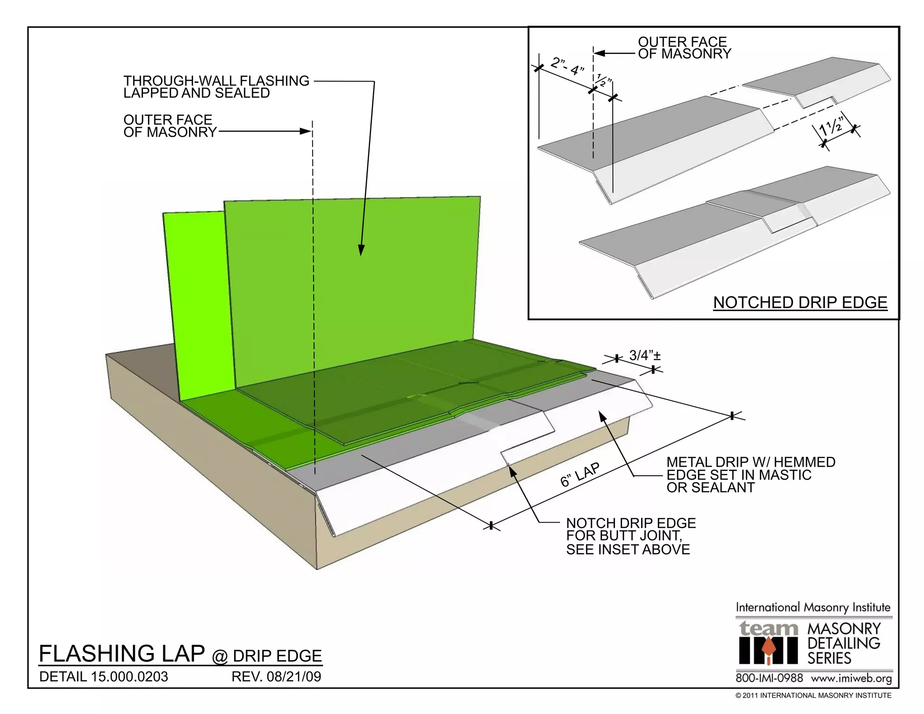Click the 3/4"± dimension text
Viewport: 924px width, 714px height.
click(x=645, y=356)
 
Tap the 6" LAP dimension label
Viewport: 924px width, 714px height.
click(x=580, y=475)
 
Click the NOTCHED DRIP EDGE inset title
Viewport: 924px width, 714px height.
click(x=800, y=302)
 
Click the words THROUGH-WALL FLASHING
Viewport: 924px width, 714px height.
click(x=217, y=81)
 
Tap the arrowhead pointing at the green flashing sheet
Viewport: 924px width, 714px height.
click(x=361, y=250)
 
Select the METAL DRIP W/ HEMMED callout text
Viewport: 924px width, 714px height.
click(x=751, y=462)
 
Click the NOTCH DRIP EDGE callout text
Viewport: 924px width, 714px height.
click(x=631, y=523)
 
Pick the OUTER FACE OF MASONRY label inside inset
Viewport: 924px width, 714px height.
click(x=684, y=48)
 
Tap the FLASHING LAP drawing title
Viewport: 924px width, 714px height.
click(x=122, y=654)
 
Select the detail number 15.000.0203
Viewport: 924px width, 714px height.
click(x=129, y=677)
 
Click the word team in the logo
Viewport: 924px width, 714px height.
click(x=768, y=628)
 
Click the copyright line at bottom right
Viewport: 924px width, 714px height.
click(x=813, y=695)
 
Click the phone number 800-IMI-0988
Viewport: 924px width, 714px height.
click(x=769, y=678)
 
